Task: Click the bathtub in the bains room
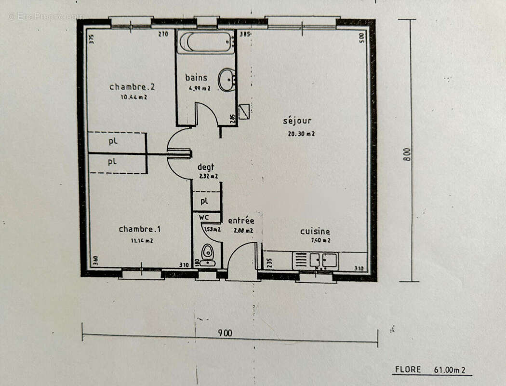click(x=205, y=42)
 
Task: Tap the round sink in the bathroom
click(x=226, y=80)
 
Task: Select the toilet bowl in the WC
click(x=208, y=252)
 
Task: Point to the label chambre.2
click(x=132, y=87)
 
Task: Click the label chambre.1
click(x=135, y=229)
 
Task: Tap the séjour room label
click(x=297, y=121)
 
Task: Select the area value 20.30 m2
click(x=301, y=134)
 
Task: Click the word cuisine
click(x=315, y=232)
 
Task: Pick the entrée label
click(x=240, y=221)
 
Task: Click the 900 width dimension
click(x=225, y=333)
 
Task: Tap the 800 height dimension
click(x=407, y=153)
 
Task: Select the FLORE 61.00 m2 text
click(x=430, y=370)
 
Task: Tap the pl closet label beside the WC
click(x=204, y=200)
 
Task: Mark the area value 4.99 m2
click(x=199, y=88)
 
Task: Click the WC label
click(x=204, y=218)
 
